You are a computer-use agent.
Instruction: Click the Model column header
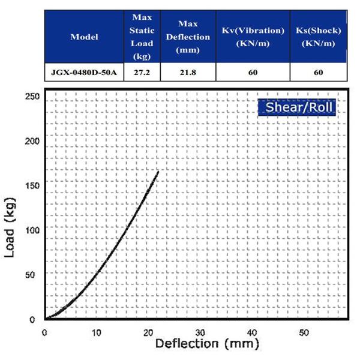(x=84, y=37)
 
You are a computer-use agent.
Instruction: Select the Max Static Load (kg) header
(x=142, y=37)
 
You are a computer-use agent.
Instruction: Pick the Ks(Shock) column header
(x=318, y=37)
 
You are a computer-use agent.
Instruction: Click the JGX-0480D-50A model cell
(x=84, y=72)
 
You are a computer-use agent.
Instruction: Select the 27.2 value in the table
(x=142, y=72)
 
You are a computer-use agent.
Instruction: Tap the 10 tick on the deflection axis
(x=96, y=332)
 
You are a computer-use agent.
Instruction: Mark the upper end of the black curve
(x=158, y=172)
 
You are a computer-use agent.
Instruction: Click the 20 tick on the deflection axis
(x=148, y=332)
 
